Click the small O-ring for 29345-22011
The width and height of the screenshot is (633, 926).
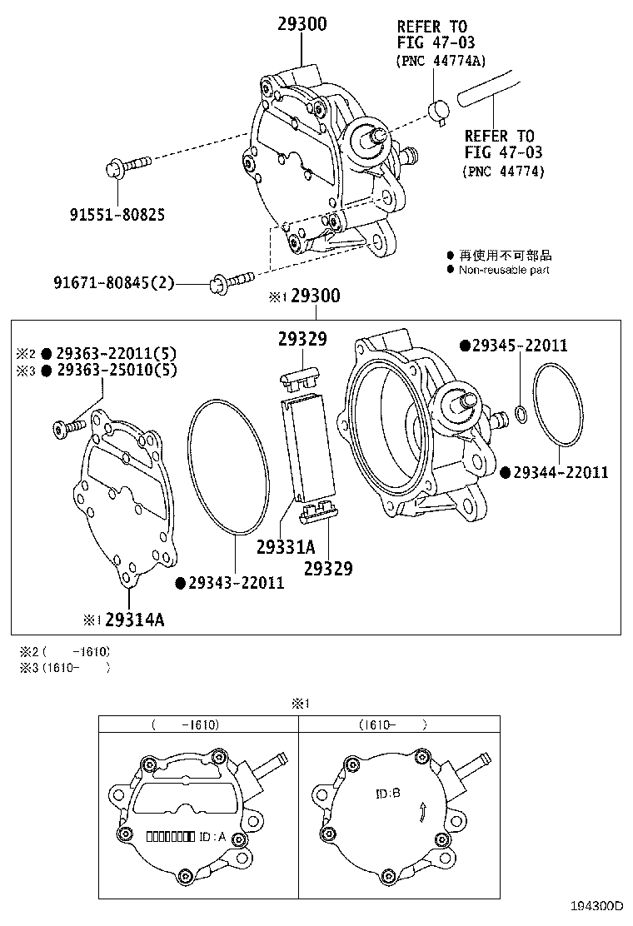pos(520,414)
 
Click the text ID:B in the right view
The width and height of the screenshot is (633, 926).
pos(388,793)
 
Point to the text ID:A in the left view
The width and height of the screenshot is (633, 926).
pos(212,837)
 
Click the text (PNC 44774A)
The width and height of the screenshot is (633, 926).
pos(441,61)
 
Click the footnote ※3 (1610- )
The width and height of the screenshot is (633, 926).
pos(60,667)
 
